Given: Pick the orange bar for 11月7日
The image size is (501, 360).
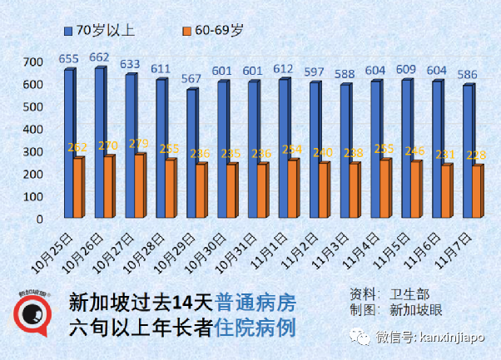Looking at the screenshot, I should pyautogui.click(x=477, y=192).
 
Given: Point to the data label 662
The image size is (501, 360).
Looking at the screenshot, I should pyautogui.click(x=99, y=57).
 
